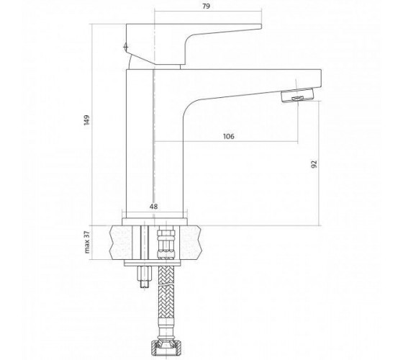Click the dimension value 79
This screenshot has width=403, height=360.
click(x=206, y=6)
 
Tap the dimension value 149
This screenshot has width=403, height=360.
click(x=87, y=120)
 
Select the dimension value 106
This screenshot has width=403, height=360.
click(x=229, y=136)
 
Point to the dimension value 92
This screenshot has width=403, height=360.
click(x=314, y=164)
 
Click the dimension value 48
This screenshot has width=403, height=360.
click(x=154, y=207)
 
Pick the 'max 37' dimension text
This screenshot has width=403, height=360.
click(x=87, y=242)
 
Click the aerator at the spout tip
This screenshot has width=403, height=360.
click(x=298, y=95)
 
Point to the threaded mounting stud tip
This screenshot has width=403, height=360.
click(x=145, y=284)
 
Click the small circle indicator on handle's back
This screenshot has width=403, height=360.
click(x=126, y=47)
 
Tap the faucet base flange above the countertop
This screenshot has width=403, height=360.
click(x=155, y=222)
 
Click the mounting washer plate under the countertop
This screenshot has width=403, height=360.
click(x=153, y=263)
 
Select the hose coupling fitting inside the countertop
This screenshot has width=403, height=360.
click(x=166, y=243)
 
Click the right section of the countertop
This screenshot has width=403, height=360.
click(x=190, y=243)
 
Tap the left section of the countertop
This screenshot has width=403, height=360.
click(x=121, y=243)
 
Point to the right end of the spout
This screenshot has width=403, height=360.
click(x=321, y=78)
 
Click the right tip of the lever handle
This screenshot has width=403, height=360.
click(x=261, y=26)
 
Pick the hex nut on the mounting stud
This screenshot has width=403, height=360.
click(x=145, y=273)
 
